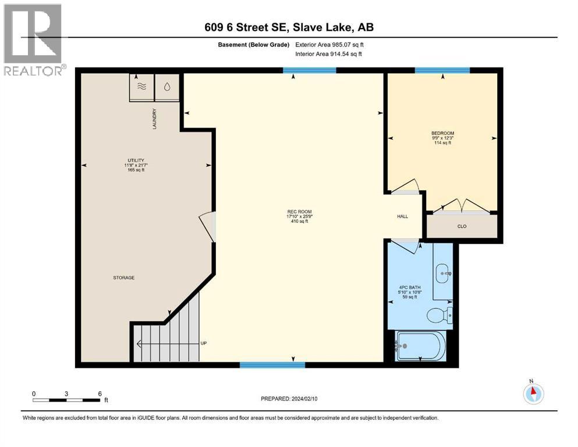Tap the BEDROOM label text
click(442, 133)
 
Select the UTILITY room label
click(136, 161)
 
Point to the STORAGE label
click(123, 278)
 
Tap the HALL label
click(402, 217)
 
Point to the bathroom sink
click(444, 272)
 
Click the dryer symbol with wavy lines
click(141, 86)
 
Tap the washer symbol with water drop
click(168, 86)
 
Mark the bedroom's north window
click(442, 71)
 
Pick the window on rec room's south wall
click(272, 365)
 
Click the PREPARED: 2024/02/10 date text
click(289, 399)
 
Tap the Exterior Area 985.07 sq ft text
click(329, 44)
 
